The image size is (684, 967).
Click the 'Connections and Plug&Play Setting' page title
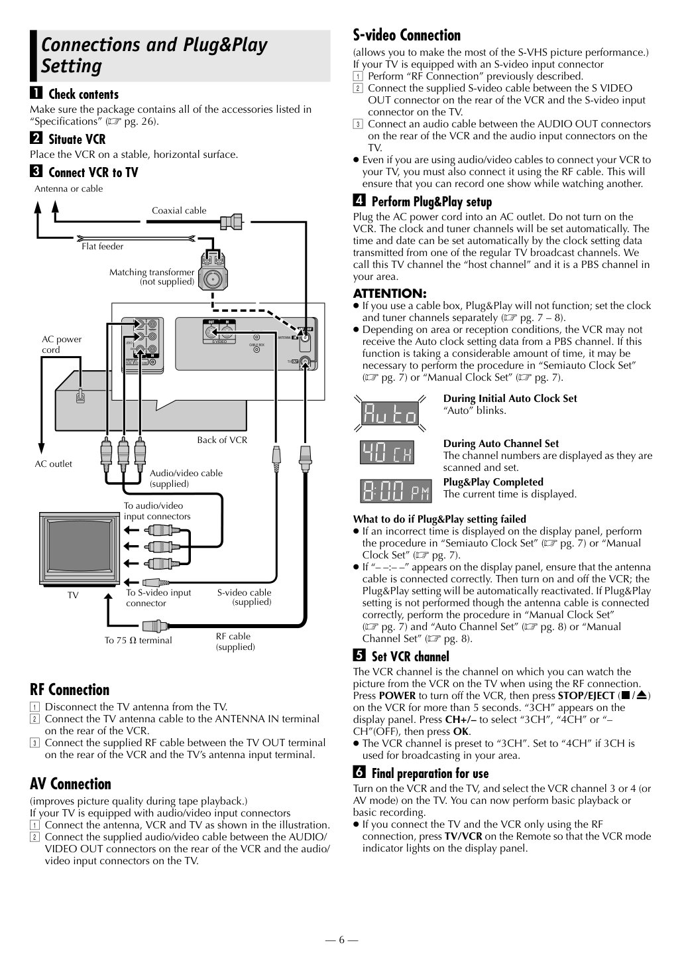tap(154, 55)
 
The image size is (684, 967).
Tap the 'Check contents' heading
tap(84, 94)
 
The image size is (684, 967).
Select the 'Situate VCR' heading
tap(77, 139)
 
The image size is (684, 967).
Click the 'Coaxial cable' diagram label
tap(179, 210)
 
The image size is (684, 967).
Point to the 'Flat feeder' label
tap(102, 246)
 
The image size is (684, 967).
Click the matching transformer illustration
tap(213, 271)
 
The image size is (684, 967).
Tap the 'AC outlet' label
tap(53, 464)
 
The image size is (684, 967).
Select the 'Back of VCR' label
tap(222, 440)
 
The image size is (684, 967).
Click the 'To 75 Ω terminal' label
tap(138, 640)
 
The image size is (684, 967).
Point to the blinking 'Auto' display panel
tap(390, 413)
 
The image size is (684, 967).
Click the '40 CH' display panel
tap(387, 452)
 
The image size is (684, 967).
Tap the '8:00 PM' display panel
tap(396, 491)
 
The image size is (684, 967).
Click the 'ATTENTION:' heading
tap(390, 294)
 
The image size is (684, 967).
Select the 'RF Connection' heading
tap(70, 689)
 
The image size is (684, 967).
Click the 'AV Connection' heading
tap(70, 783)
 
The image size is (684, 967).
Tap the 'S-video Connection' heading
tap(407, 35)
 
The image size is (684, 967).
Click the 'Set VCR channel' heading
tap(410, 657)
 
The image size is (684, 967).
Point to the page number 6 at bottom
tap(341, 940)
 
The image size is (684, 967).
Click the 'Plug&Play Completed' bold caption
tap(493, 482)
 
